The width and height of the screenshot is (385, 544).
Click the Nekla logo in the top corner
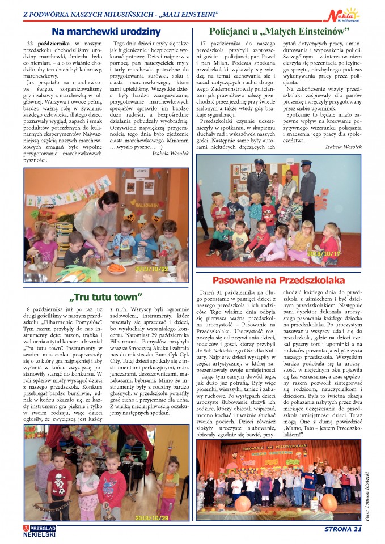[345, 14]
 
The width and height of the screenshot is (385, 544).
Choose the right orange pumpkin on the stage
[329, 501]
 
